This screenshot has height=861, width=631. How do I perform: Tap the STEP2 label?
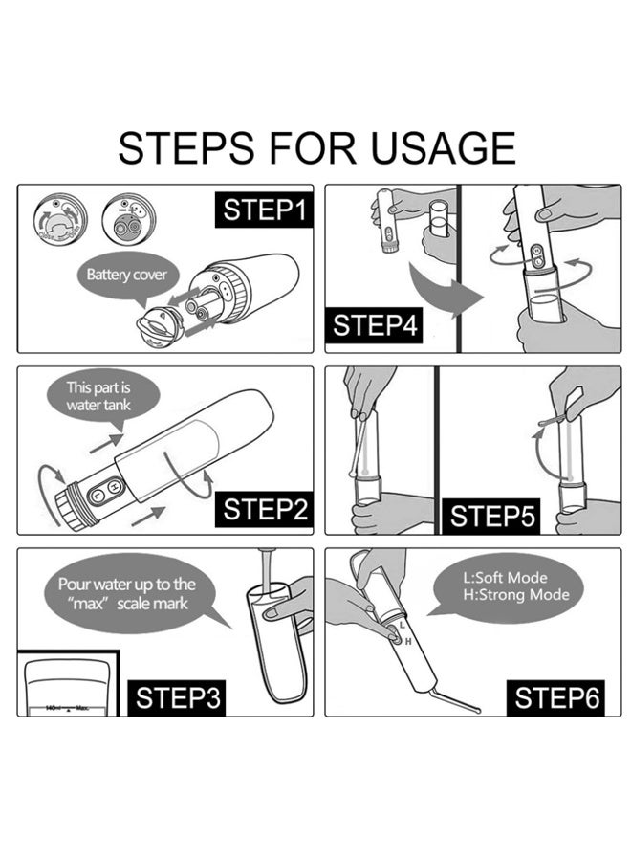[266, 509]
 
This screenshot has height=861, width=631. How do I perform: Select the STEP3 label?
[179, 696]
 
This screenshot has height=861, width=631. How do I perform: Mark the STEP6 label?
[557, 697]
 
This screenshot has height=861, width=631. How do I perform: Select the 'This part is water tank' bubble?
[98, 395]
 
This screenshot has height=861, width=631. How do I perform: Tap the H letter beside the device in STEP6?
[408, 641]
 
